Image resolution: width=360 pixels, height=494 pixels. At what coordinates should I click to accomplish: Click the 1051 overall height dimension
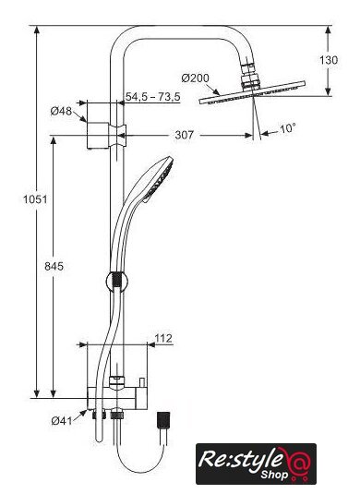[x=35, y=199]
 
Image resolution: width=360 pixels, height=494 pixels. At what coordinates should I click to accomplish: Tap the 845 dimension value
[x=54, y=267]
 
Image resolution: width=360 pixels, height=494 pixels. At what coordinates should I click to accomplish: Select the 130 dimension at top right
[x=329, y=60]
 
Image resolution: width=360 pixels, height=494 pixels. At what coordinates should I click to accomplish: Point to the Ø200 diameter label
[x=196, y=78]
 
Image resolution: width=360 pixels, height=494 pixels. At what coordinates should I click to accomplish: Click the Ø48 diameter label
[x=61, y=111]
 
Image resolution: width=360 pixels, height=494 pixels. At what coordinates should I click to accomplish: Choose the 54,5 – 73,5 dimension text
[x=153, y=97]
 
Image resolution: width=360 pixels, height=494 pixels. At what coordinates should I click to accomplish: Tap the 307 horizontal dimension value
[x=184, y=135]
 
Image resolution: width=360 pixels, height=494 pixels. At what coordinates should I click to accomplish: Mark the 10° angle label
[x=288, y=128]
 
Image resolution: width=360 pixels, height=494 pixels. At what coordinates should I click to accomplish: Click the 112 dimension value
[x=163, y=338]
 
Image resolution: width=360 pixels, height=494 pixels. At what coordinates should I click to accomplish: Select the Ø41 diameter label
[x=62, y=420]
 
